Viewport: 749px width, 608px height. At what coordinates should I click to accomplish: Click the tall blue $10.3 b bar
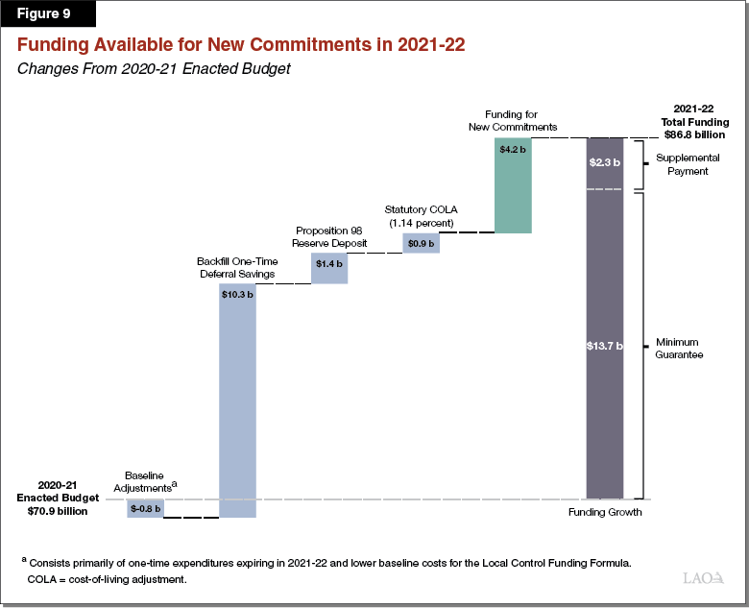[238, 403]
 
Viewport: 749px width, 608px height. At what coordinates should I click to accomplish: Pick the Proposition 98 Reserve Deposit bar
[329, 268]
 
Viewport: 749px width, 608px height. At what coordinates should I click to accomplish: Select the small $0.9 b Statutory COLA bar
[421, 243]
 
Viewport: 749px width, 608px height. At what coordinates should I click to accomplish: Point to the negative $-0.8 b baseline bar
[145, 508]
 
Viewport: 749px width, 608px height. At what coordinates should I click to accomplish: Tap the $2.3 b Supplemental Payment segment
[605, 163]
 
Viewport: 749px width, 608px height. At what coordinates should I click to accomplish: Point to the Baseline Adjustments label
[146, 481]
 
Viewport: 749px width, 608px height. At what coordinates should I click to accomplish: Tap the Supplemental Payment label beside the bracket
[682, 164]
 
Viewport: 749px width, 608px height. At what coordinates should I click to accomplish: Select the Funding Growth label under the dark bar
[605, 512]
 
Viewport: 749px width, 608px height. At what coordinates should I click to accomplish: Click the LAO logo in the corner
[705, 578]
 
